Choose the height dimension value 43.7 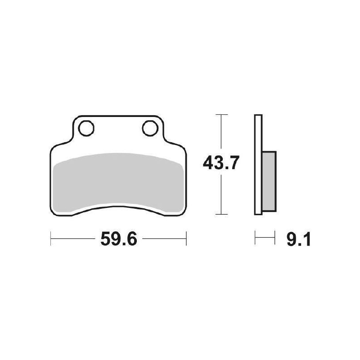pyautogui.click(x=220, y=163)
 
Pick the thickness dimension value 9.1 pyautogui.click(x=298, y=240)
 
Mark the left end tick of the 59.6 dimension pyautogui.click(x=50, y=239)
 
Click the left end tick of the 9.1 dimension pyautogui.click(x=255, y=238)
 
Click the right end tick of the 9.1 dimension pyautogui.click(x=274, y=238)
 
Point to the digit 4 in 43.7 pyautogui.click(x=208, y=163)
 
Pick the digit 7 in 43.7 pyautogui.click(x=232, y=163)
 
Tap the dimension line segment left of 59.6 pyautogui.click(x=72, y=239)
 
